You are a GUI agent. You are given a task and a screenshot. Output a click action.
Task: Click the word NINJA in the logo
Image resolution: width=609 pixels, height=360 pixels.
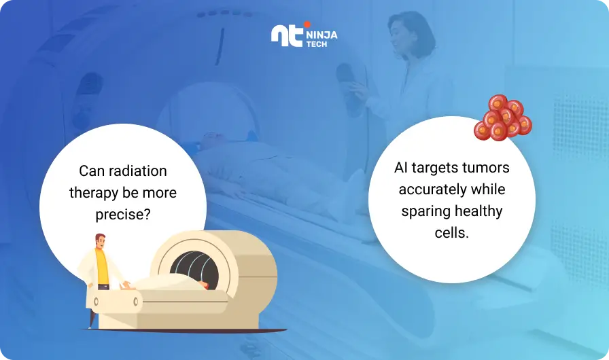[x=321, y=35]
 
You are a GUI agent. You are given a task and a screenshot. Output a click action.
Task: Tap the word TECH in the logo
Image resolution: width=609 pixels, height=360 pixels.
[x=317, y=44]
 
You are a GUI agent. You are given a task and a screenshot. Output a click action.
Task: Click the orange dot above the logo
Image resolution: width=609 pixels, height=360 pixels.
[x=307, y=24]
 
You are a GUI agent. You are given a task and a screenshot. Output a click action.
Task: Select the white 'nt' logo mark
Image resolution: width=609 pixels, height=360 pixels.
[x=287, y=36]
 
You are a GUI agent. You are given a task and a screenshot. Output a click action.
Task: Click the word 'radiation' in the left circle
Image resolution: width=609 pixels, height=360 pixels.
[x=138, y=170]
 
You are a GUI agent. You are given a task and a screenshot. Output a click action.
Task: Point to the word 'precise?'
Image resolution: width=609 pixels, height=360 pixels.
[x=123, y=215]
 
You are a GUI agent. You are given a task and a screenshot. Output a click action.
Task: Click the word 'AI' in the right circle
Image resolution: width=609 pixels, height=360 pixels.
[x=400, y=168]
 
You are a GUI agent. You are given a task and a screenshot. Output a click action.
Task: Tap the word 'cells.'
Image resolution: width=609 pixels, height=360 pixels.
[x=452, y=233]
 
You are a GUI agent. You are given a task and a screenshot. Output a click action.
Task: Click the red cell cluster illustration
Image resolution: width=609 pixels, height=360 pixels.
[x=503, y=118]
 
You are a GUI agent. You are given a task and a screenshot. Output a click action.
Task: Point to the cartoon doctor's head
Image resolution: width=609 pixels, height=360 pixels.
[x=100, y=241]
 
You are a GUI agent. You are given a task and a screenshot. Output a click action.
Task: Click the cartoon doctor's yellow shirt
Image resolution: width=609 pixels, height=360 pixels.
[x=102, y=268]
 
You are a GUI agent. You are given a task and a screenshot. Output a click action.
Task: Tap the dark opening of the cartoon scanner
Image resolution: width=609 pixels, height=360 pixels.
[x=194, y=269]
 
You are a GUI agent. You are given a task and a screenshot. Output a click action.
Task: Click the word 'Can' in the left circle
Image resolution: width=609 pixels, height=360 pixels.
[x=92, y=171]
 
